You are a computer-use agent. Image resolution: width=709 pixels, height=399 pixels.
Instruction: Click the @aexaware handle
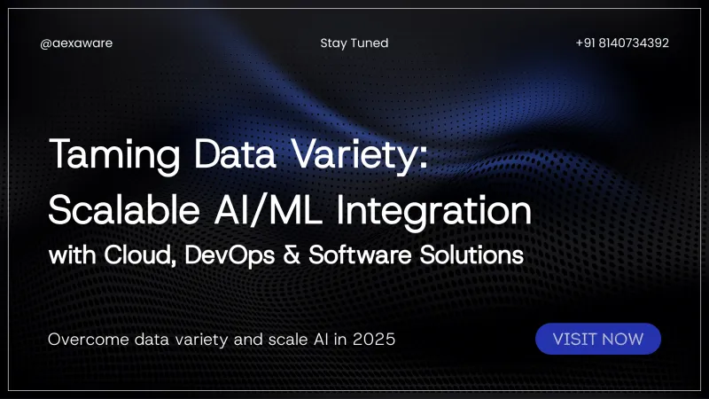click(x=76, y=43)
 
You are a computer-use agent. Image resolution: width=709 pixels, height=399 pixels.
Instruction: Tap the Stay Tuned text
click(x=354, y=43)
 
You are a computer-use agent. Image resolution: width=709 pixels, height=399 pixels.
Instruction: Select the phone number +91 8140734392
click(x=622, y=43)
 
